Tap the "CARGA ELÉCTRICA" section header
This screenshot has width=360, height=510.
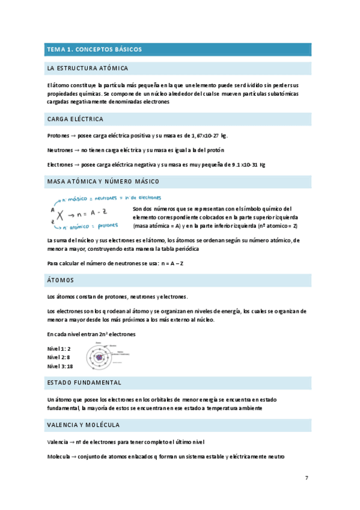pyautogui.click(x=75, y=119)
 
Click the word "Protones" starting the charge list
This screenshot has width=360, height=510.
pyautogui.click(x=58, y=135)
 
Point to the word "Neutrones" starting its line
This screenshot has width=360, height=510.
pyautogui.click(x=59, y=150)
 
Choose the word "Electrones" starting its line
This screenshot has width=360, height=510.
pyautogui.click(x=60, y=164)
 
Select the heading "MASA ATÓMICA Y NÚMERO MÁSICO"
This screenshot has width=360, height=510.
pyautogui.click(x=103, y=181)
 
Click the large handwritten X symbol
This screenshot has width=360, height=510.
pyautogui.click(x=59, y=214)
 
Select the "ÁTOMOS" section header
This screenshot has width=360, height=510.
pyautogui.click(x=60, y=280)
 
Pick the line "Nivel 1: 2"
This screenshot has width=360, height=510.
pyautogui.click(x=59, y=349)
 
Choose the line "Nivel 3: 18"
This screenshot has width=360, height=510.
pyautogui.click(x=60, y=366)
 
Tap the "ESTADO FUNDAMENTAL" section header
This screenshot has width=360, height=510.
pyautogui.click(x=84, y=382)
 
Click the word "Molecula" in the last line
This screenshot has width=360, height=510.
pyautogui.click(x=58, y=457)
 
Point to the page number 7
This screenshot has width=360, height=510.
pyautogui.click(x=307, y=478)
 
